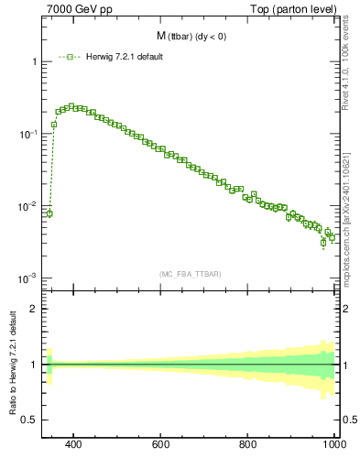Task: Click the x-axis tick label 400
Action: pyautogui.click(x=74, y=445)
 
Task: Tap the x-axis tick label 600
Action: pyautogui.click(x=161, y=445)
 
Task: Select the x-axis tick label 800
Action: pyautogui.click(x=248, y=445)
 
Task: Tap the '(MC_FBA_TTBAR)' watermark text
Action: pyautogui.click(x=191, y=274)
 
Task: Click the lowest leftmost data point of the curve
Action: pyautogui.click(x=49, y=213)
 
